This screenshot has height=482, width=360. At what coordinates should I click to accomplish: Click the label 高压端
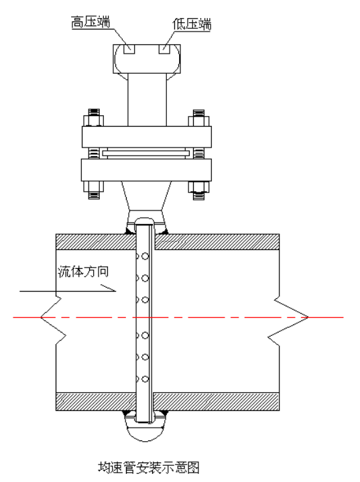point(91,22)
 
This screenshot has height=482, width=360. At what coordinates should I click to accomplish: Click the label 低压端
point(192,24)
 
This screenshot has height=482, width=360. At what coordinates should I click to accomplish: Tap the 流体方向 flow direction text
point(83,272)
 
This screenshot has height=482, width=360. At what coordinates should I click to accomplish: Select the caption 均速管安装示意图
point(149,467)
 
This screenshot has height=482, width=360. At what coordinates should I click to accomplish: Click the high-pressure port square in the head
point(129,49)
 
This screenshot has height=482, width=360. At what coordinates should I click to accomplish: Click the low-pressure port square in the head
point(164,49)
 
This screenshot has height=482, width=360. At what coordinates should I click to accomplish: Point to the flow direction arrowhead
point(109,288)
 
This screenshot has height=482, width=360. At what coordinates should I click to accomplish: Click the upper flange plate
point(147,137)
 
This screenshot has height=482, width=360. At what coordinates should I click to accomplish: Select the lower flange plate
point(147,170)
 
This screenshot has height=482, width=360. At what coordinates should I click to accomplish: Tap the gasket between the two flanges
point(147,153)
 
